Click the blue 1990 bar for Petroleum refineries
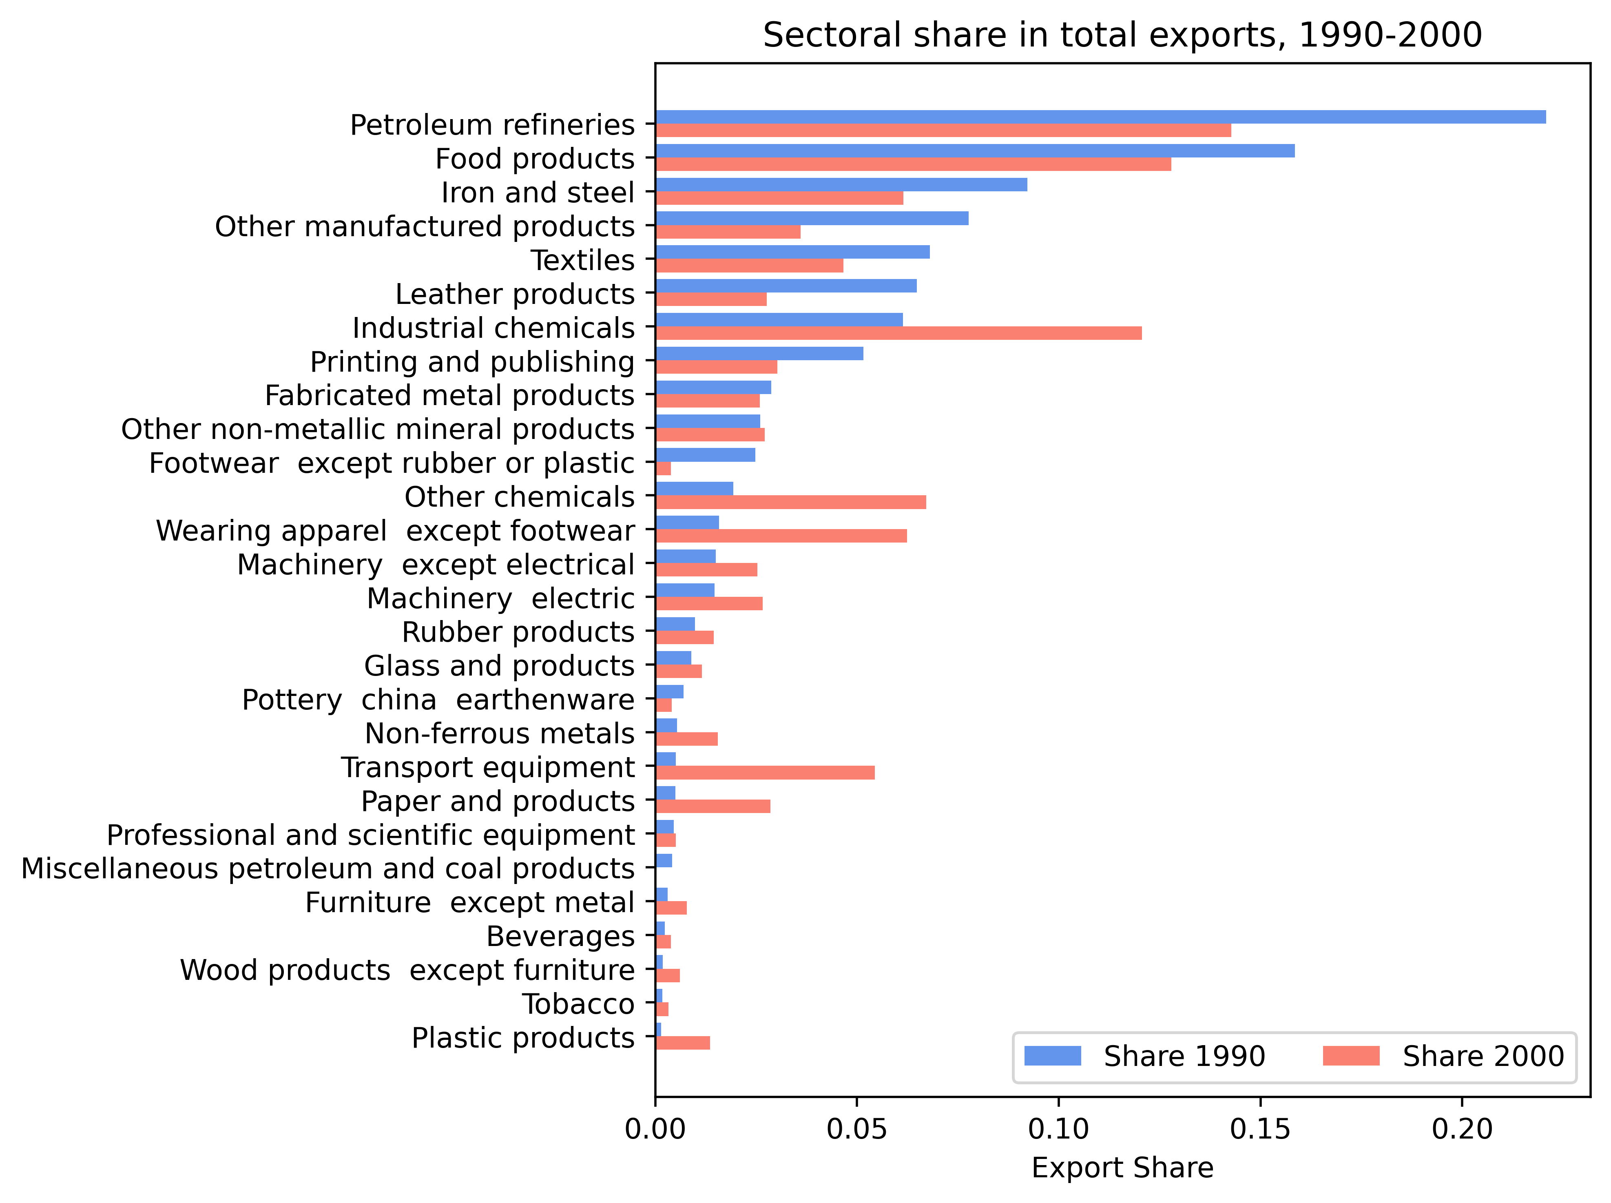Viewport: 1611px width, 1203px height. coord(1099,117)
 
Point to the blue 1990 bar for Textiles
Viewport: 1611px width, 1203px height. coord(792,253)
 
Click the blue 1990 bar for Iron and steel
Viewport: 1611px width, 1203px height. coord(841,185)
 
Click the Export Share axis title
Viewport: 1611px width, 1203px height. coord(1122,1168)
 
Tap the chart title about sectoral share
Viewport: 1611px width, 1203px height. coord(1122,35)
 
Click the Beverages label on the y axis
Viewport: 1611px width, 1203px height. coord(560,937)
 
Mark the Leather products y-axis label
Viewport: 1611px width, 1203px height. coord(515,294)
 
